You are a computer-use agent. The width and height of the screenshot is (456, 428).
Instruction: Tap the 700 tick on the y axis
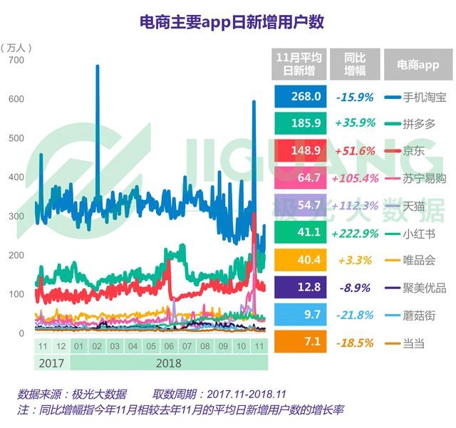pyautogui.click(x=15, y=61)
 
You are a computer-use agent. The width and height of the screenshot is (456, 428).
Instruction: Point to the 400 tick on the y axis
pyautogui.click(x=15, y=177)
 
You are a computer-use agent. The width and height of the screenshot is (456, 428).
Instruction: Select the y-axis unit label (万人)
pyautogui.click(x=16, y=47)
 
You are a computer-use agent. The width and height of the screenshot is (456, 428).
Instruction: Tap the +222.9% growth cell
pyautogui.click(x=355, y=233)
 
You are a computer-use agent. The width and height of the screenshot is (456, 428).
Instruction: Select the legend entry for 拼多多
pyautogui.click(x=414, y=123)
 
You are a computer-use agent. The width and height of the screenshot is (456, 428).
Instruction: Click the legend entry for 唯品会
pyautogui.click(x=414, y=260)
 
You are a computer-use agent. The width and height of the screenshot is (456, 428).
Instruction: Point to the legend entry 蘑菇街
pyautogui.click(x=414, y=314)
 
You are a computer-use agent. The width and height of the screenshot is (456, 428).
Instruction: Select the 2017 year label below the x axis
pyautogui.click(x=52, y=362)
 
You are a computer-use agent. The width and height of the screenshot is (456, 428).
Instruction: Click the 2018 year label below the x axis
pyautogui.click(x=168, y=362)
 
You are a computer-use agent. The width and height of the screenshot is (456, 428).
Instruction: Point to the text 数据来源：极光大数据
pyautogui.click(x=73, y=394)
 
